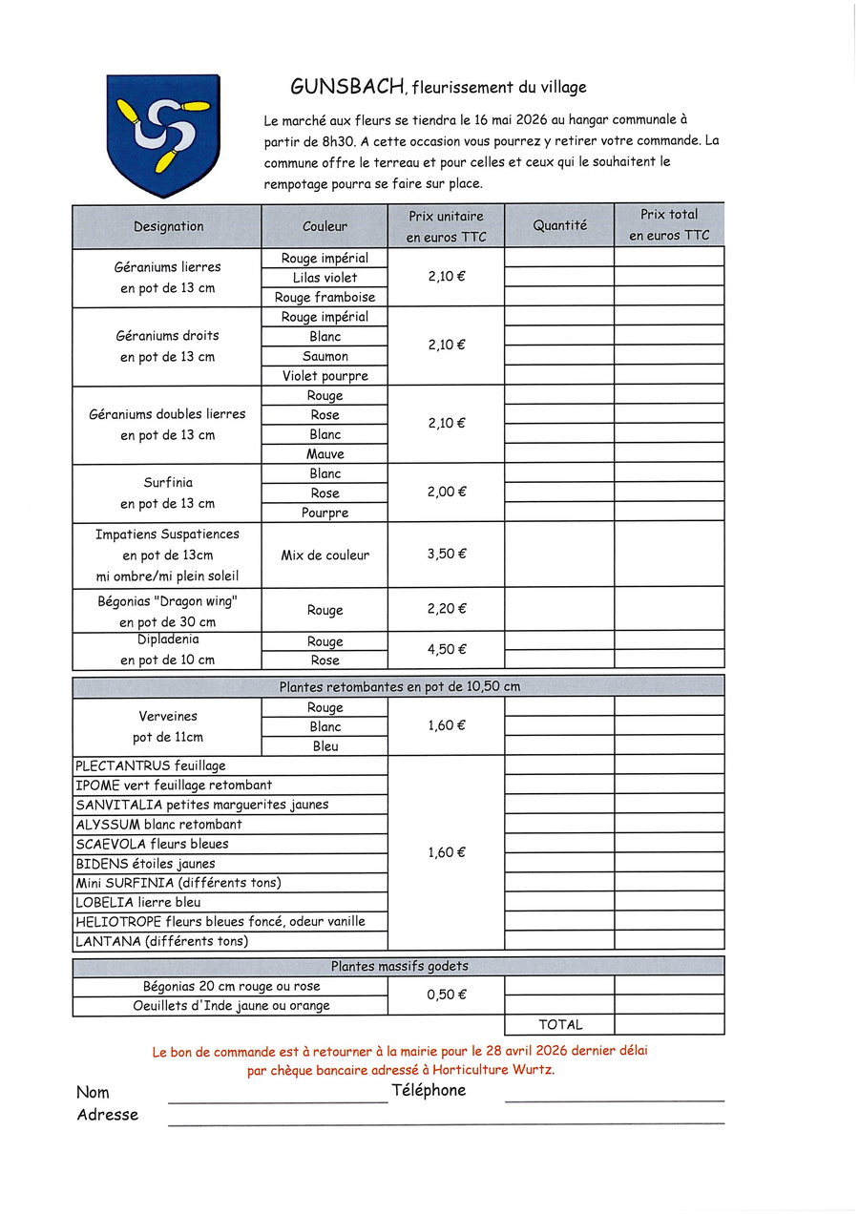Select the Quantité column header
[x=559, y=226]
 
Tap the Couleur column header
[x=325, y=227]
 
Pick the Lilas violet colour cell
[x=325, y=278]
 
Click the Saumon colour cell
[x=325, y=356]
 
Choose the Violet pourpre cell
[x=325, y=376]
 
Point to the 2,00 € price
[x=446, y=492]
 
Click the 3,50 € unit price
[x=446, y=554]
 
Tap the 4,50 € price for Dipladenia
[x=446, y=650]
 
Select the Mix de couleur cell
[x=325, y=555]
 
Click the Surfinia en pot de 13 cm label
[x=167, y=492]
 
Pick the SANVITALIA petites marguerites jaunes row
[x=202, y=805]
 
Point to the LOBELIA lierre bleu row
[x=138, y=902]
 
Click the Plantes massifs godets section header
[x=399, y=967]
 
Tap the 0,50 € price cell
[x=446, y=995]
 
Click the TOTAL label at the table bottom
[x=559, y=1025]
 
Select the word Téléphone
[x=429, y=1090]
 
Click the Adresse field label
[x=108, y=1115]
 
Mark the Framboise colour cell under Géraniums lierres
[x=325, y=298]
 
